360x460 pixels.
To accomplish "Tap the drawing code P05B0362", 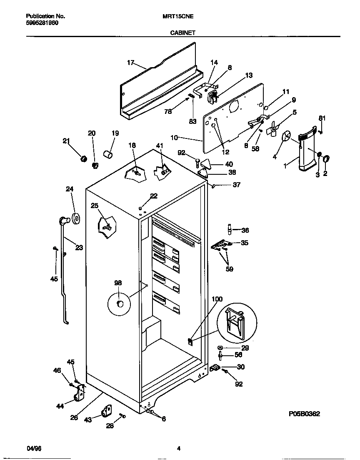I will (x=304, y=414).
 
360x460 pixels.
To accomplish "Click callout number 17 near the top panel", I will (x=130, y=63).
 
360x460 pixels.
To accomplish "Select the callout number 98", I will (x=118, y=283).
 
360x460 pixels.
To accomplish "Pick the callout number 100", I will (x=217, y=299).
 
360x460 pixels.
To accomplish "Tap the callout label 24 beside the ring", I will (x=69, y=189).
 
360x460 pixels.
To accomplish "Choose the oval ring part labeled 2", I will (x=326, y=158).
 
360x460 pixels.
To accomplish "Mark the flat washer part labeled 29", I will (x=220, y=348).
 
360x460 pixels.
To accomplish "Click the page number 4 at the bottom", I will (x=178, y=449).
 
